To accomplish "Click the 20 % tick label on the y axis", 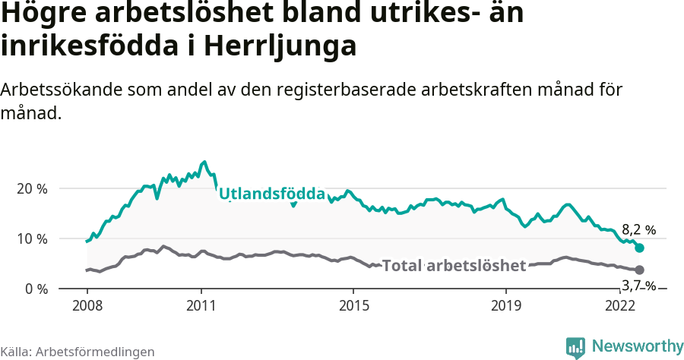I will pyautogui.click(x=31, y=188).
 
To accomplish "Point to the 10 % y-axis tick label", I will pyautogui.click(x=31, y=238).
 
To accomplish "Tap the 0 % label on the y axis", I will pyautogui.click(x=35, y=289).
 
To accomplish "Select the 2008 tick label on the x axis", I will pyautogui.click(x=87, y=305).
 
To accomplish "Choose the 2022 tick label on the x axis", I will pyautogui.click(x=620, y=305).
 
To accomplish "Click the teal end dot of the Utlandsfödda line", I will pyautogui.click(x=640, y=248).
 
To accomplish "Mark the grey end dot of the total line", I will pyautogui.click(x=640, y=270).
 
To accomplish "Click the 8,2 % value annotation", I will pyautogui.click(x=638, y=229).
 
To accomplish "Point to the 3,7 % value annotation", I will pyautogui.click(x=638, y=286).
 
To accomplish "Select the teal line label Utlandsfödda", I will pyautogui.click(x=272, y=194).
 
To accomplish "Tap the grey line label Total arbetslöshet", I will pyautogui.click(x=454, y=265).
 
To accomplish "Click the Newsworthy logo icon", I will pyautogui.click(x=575, y=346).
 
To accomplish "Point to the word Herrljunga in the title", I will pyautogui.click(x=280, y=46).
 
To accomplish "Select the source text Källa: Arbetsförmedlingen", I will pyautogui.click(x=78, y=352).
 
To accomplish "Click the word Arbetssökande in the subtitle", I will pyautogui.click(x=58, y=90).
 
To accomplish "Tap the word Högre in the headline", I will pyautogui.click(x=39, y=14).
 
